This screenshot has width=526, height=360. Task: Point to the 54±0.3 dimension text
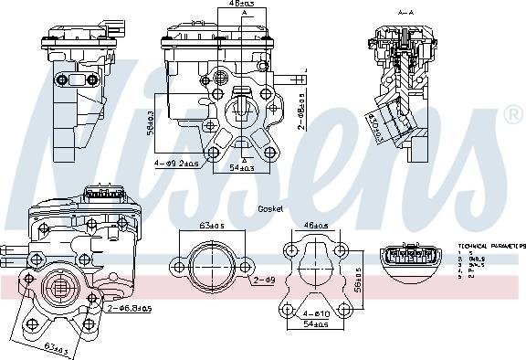tap(238, 169)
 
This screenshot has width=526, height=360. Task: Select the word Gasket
tap(270, 209)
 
